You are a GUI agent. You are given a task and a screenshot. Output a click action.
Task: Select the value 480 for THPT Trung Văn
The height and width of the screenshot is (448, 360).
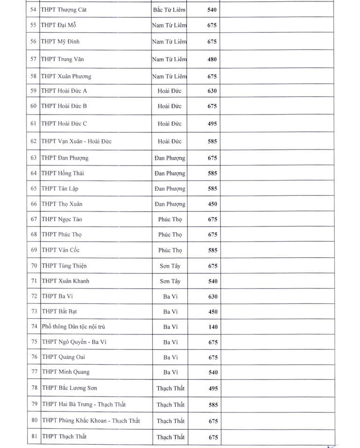[x=212, y=59]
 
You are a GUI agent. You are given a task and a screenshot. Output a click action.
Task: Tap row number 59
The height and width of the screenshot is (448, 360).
[x=33, y=91]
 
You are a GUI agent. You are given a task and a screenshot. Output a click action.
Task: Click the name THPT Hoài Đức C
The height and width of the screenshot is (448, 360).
[x=64, y=123]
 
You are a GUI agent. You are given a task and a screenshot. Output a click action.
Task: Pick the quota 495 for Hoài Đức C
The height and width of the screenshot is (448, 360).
[x=212, y=124]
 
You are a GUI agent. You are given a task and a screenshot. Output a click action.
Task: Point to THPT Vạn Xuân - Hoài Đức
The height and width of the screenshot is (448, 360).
[x=76, y=141]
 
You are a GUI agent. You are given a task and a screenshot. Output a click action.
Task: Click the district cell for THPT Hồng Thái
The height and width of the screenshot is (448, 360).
[x=170, y=173]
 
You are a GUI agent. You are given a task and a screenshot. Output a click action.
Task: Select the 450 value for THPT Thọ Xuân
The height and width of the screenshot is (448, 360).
[x=212, y=204]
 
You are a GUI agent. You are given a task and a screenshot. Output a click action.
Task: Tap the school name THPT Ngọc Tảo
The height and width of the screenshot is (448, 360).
[x=62, y=219]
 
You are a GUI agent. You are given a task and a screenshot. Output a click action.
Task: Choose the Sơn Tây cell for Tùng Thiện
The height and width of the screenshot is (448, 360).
[x=170, y=266]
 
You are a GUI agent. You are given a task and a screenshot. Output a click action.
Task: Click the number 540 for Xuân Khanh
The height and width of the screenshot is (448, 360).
[x=212, y=282]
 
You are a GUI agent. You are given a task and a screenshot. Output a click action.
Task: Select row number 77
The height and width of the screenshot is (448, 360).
[x=34, y=372]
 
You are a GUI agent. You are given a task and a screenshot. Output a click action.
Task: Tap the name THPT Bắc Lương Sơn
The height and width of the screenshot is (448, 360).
[x=69, y=388]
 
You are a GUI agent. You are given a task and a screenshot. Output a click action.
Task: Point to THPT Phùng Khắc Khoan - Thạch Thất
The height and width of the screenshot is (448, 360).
[x=91, y=420]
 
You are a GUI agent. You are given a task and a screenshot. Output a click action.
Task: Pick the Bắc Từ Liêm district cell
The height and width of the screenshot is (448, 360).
[x=169, y=9]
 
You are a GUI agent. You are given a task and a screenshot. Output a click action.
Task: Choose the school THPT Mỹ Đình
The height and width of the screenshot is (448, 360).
[x=60, y=41]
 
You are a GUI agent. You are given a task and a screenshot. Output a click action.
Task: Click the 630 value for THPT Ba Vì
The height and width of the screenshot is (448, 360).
[x=212, y=297]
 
